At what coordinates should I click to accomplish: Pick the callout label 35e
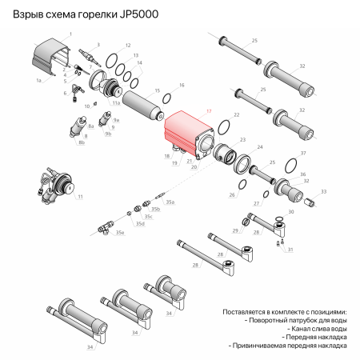[120, 233]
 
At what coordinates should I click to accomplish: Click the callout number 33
[324, 192]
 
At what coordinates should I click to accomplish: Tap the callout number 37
[302, 152]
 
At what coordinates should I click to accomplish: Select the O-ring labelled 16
[169, 99]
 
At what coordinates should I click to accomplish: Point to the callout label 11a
[116, 103]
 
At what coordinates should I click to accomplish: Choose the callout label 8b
[82, 142]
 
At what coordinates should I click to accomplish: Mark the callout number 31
[290, 250]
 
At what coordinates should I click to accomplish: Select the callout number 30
[291, 212]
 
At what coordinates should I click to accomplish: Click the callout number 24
[259, 147]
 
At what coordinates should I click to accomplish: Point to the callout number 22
[236, 115]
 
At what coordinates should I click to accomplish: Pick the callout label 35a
[170, 203]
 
